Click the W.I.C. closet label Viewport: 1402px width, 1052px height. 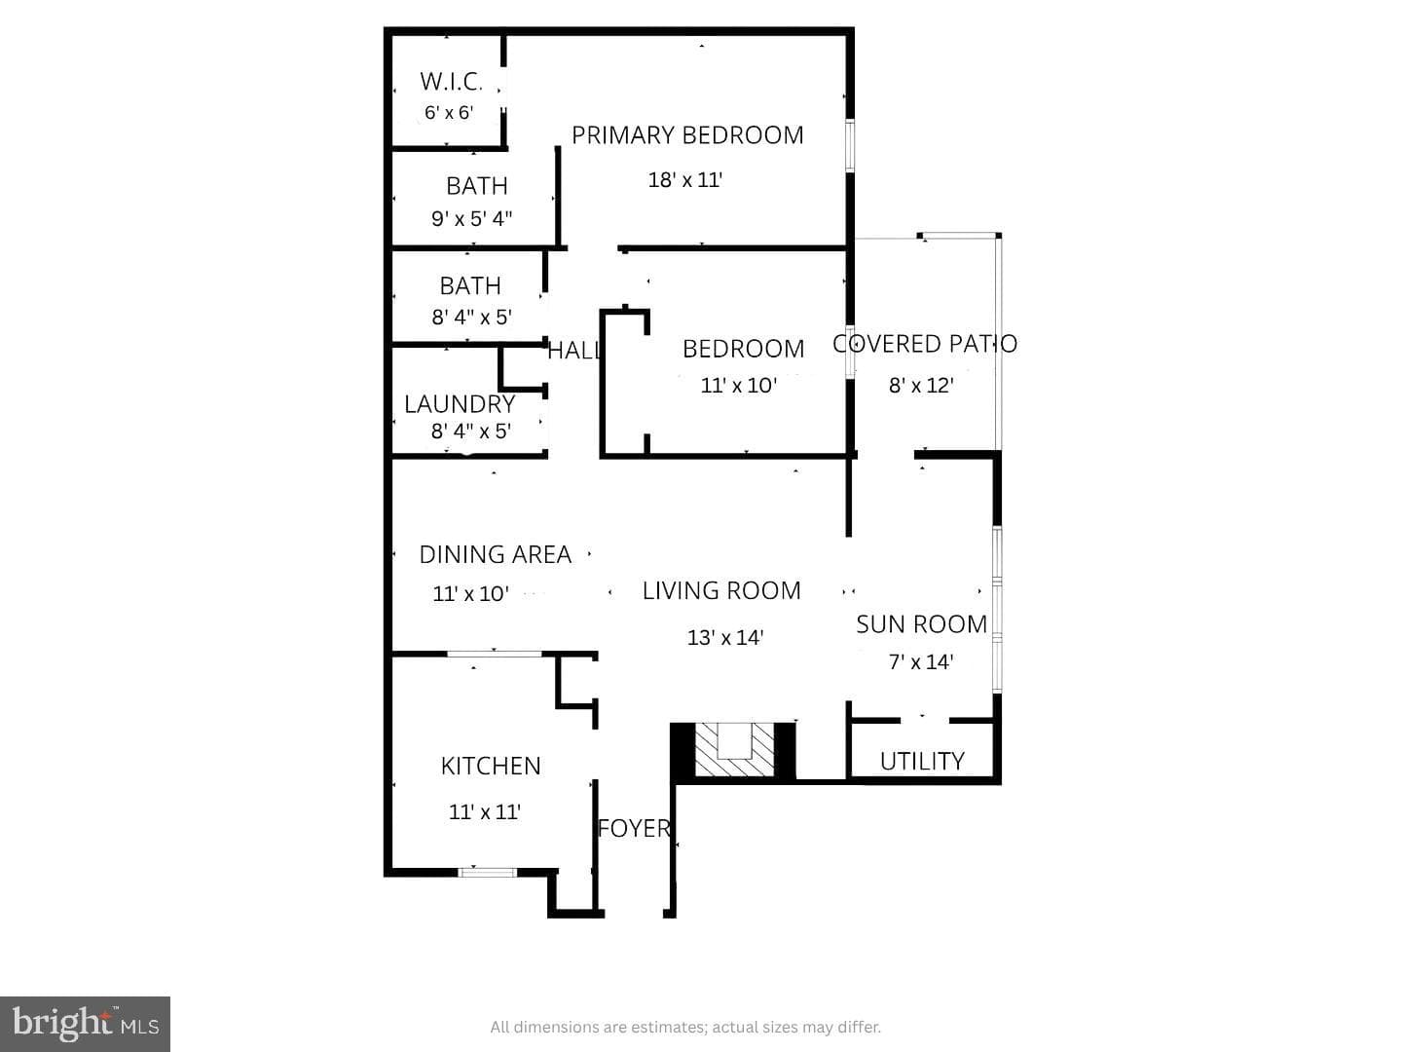[451, 81]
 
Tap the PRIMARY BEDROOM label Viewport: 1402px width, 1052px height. [687, 135]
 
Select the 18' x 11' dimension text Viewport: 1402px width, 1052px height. [685, 180]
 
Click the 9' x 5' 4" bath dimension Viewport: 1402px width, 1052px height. [472, 218]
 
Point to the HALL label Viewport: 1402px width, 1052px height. [573, 350]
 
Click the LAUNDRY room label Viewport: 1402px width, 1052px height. [460, 403]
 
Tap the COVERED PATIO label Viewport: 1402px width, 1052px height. [925, 344]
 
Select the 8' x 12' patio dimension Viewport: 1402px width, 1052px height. [921, 385]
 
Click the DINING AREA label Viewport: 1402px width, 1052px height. [495, 554]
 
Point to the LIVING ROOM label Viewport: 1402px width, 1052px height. [721, 591]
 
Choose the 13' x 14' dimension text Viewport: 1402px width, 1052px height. [725, 637]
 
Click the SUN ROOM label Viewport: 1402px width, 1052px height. [922, 624]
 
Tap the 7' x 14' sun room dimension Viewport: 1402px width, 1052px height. [921, 661]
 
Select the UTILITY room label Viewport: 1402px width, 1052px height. [922, 762]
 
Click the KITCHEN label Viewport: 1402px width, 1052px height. [491, 766]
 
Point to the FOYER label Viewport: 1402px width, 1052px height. [634, 828]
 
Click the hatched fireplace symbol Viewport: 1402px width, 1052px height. [734, 750]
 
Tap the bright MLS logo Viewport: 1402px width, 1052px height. [85, 1024]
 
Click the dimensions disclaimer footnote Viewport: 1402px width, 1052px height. [685, 1027]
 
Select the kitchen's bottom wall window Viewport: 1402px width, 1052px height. [488, 872]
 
